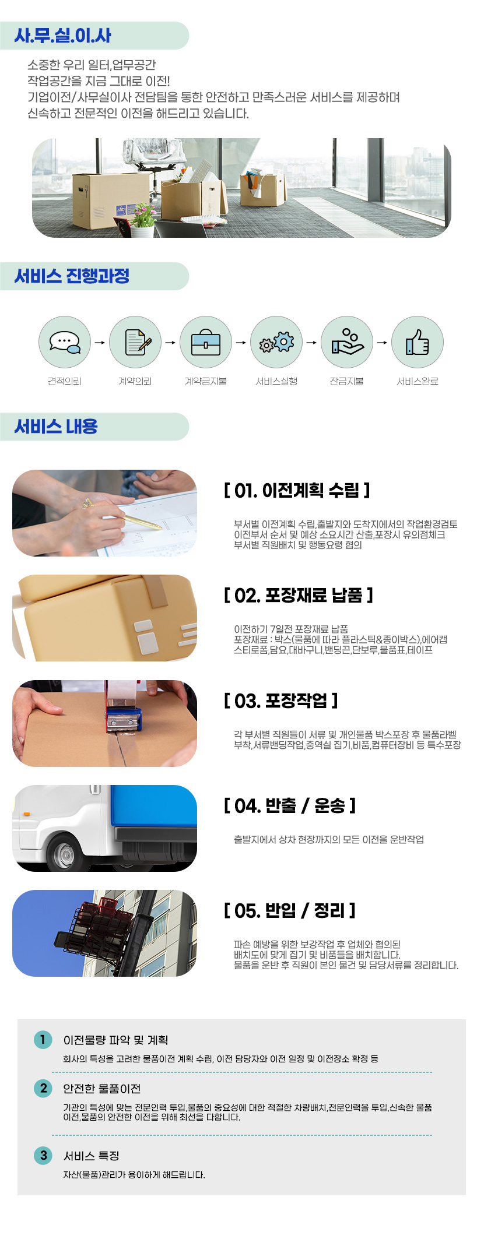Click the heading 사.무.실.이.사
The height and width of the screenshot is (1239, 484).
(63, 36)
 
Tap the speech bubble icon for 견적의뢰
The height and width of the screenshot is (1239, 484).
(65, 342)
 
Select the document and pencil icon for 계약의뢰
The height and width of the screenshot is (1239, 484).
(135, 342)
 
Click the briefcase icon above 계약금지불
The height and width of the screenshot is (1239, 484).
(206, 342)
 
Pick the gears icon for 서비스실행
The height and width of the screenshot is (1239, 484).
(276, 342)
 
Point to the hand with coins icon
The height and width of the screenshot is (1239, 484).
(347, 342)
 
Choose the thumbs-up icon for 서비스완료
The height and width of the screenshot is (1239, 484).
(418, 342)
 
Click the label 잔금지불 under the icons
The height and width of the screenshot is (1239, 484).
(347, 381)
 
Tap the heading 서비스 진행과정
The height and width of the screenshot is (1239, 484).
(72, 276)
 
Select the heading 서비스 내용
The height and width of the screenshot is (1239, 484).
(56, 427)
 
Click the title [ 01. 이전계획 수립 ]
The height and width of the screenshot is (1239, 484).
(297, 491)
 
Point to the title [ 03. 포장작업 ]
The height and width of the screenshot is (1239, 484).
(281, 701)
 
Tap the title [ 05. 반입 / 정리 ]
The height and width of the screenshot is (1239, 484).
(290, 910)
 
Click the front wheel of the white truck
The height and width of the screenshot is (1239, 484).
(66, 854)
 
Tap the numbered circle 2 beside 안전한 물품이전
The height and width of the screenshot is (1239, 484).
(43, 1088)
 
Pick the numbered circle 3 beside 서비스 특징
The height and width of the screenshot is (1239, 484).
(43, 1155)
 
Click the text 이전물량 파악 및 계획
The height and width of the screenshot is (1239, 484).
(115, 1040)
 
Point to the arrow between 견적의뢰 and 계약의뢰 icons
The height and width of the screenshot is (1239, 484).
(100, 343)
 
